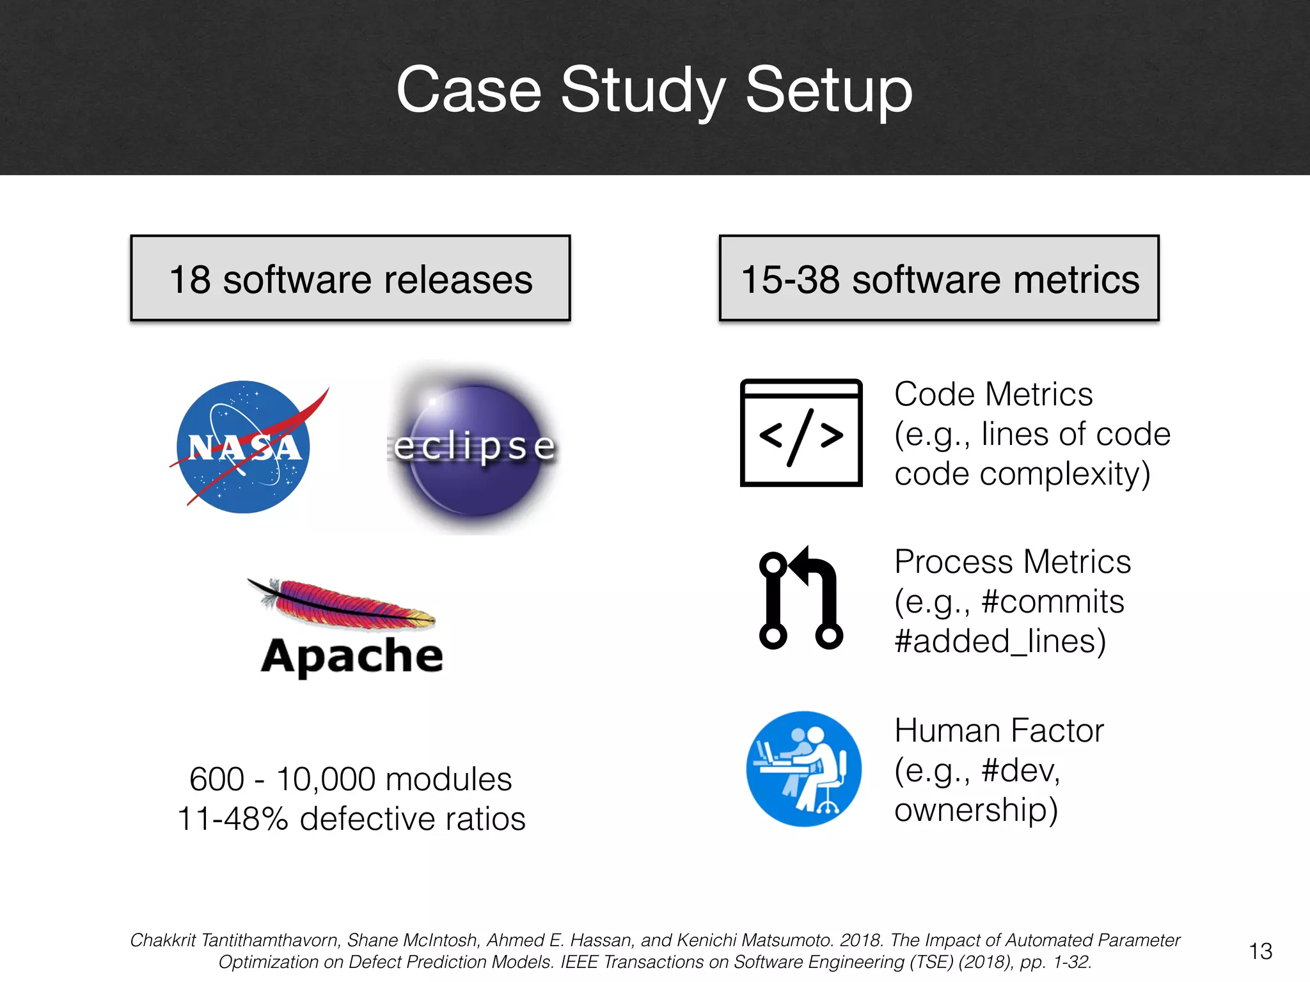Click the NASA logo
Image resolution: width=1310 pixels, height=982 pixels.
click(x=244, y=447)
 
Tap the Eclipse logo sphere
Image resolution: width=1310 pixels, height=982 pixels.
click(x=474, y=449)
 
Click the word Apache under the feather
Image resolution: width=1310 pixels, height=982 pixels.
click(x=352, y=657)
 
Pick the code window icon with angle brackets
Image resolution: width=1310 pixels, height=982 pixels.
click(x=801, y=433)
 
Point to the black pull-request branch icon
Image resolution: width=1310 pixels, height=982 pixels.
click(x=801, y=598)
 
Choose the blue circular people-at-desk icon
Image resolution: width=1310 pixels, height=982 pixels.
click(x=803, y=768)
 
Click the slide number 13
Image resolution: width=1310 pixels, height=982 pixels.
click(x=1260, y=951)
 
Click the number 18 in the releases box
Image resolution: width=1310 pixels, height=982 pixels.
click(x=190, y=279)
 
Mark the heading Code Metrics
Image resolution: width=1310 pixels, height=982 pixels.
click(x=993, y=394)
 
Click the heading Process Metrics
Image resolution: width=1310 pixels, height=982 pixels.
click(x=1013, y=562)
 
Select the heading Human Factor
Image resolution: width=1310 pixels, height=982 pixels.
click(x=999, y=730)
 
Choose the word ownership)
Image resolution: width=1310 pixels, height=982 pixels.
click(x=976, y=810)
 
